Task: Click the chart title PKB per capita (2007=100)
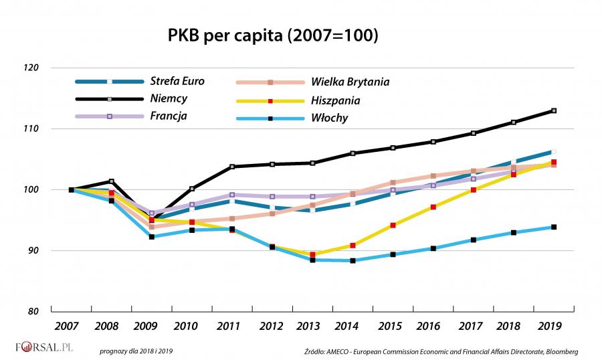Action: pyautogui.click(x=272, y=35)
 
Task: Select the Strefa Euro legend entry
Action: pyautogui.click(x=177, y=82)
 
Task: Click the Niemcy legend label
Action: pyautogui.click(x=169, y=98)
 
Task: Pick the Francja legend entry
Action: pyautogui.click(x=169, y=116)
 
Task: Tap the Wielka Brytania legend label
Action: pyautogui.click(x=350, y=82)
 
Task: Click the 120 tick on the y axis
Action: pyautogui.click(x=31, y=68)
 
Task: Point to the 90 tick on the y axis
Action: pyautogui.click(x=33, y=250)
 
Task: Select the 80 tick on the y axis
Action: pyautogui.click(x=33, y=311)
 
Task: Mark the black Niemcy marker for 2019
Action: pyautogui.click(x=553, y=110)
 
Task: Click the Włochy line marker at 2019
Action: pyautogui.click(x=553, y=228)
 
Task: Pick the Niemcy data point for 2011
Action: pyautogui.click(x=232, y=167)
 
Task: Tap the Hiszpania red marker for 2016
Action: pyautogui.click(x=433, y=207)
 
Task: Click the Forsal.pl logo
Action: pyautogui.click(x=44, y=348)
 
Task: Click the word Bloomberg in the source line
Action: pyautogui.click(x=561, y=351)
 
